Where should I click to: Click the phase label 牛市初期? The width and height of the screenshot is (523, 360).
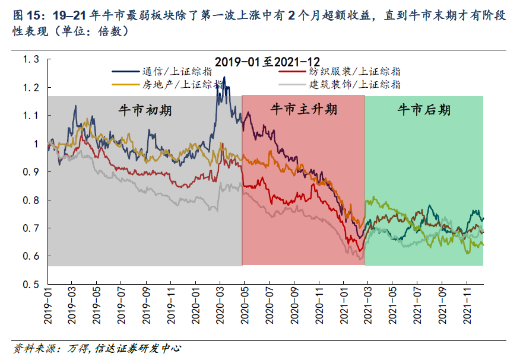(145, 110)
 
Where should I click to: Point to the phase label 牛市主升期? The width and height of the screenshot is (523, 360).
(303, 110)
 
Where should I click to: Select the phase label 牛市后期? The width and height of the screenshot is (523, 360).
(424, 110)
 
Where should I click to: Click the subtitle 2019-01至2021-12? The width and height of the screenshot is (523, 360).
(267, 62)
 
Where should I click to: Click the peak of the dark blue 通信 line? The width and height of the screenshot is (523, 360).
(224, 77)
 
